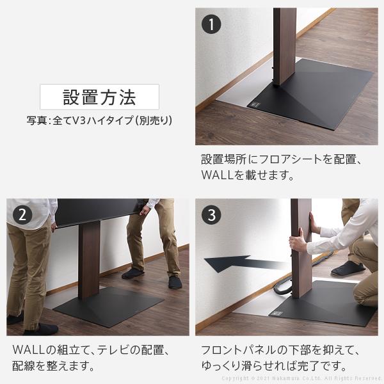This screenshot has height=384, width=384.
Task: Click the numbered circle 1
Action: pyautogui.click(x=211, y=25)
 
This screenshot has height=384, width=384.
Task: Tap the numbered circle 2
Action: pyautogui.click(x=22, y=214)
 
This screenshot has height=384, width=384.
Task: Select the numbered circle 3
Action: pyautogui.click(x=211, y=214)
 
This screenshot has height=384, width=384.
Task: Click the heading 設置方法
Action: pyautogui.click(x=99, y=97)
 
